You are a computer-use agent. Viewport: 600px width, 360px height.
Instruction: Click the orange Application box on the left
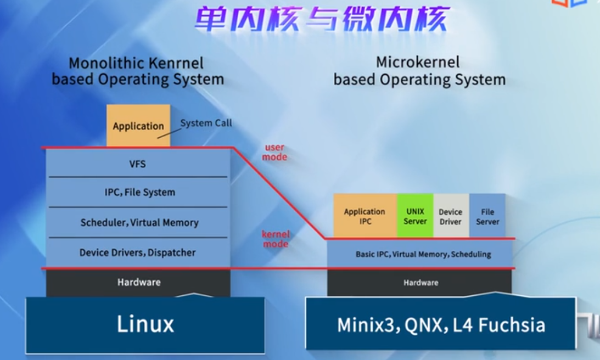(138, 126)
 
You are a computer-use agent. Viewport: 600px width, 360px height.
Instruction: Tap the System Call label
(206, 123)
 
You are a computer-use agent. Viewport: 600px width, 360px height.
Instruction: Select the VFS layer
(137, 164)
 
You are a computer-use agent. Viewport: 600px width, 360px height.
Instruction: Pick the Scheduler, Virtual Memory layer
(139, 223)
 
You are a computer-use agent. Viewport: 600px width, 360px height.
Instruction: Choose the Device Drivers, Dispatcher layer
(137, 253)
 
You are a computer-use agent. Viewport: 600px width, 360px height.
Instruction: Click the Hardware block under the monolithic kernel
(138, 283)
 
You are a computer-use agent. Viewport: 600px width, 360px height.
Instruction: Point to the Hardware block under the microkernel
(420, 283)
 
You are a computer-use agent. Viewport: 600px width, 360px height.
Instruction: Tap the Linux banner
(145, 324)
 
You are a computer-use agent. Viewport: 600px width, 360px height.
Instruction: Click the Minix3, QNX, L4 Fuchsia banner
(441, 325)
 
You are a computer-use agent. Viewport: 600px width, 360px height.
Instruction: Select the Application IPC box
(365, 216)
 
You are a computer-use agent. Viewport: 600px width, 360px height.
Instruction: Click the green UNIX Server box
(415, 216)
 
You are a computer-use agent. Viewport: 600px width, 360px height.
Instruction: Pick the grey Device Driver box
(451, 216)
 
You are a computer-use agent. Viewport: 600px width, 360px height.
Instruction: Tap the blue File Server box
(487, 216)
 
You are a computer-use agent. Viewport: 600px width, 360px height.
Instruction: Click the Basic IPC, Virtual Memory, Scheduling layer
(423, 255)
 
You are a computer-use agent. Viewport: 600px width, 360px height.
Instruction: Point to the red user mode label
(275, 152)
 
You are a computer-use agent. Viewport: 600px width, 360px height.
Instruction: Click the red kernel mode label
(275, 239)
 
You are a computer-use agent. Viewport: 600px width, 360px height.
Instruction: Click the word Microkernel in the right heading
(418, 63)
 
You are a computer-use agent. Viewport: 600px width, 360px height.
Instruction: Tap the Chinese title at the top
(322, 20)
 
